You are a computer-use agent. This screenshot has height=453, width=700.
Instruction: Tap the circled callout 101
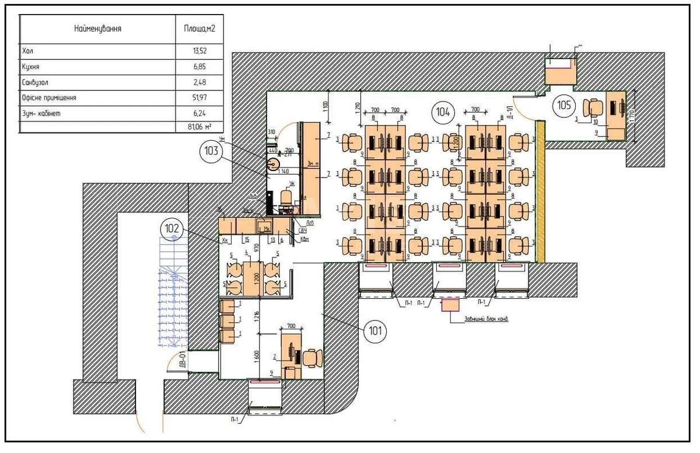coord(374,332)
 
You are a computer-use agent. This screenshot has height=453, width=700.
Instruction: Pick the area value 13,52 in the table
coord(199,51)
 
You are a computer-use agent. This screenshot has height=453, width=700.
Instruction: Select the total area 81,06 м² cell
coord(199,126)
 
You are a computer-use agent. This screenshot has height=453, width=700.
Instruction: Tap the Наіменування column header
coord(97,28)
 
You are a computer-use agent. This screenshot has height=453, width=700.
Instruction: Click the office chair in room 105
coord(593,107)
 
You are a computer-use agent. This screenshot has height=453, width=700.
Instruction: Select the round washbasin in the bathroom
coord(273,164)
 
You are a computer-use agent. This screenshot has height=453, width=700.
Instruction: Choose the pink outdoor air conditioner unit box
coord(450,305)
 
